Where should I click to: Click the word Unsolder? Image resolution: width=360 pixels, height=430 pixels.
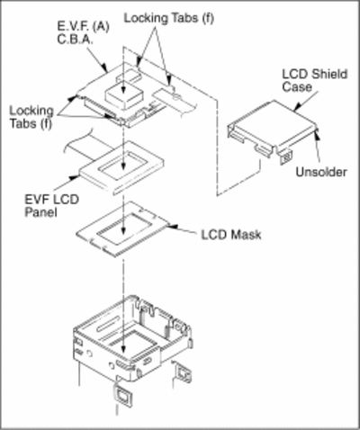point(321,172)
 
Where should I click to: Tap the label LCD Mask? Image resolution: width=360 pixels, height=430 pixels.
point(231,235)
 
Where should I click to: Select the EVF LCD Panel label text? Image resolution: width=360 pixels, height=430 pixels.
point(51,206)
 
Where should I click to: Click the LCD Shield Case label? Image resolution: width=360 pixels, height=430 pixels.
point(315,80)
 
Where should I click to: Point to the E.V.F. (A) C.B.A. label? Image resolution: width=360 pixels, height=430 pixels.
point(83,33)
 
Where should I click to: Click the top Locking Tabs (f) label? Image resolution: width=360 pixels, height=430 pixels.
point(169,18)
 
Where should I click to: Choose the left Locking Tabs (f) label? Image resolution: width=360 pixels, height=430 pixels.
point(31,117)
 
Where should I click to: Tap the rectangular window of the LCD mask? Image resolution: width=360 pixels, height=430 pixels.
point(125,228)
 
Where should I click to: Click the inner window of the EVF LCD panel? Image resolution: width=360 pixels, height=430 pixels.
point(124,166)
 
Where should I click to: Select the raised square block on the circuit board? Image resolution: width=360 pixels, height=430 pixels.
point(123,95)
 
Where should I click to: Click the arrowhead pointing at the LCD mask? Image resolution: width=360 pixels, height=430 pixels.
point(173,226)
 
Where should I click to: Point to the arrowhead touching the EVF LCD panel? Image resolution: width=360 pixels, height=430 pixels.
point(74,177)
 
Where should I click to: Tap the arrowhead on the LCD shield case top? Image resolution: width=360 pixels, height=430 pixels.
point(297,107)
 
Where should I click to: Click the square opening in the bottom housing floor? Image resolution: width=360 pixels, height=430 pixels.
point(131,341)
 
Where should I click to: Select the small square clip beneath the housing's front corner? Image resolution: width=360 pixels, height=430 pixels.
point(121,395)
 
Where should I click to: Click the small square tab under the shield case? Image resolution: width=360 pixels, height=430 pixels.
point(285,157)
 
